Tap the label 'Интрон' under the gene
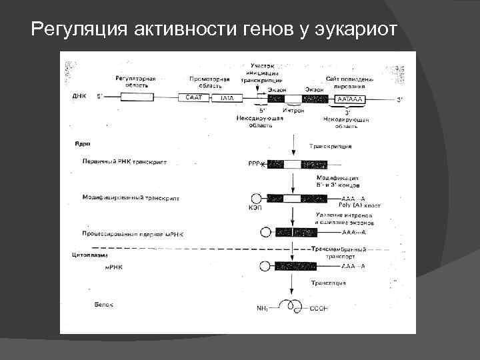293,109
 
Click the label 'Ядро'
83,143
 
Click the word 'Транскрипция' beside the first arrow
331,147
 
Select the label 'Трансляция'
331,283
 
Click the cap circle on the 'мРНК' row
264,266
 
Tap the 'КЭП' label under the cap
255,207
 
